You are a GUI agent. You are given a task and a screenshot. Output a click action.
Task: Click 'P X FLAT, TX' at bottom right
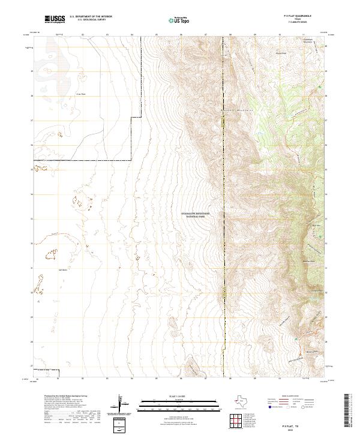tap(294, 424)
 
